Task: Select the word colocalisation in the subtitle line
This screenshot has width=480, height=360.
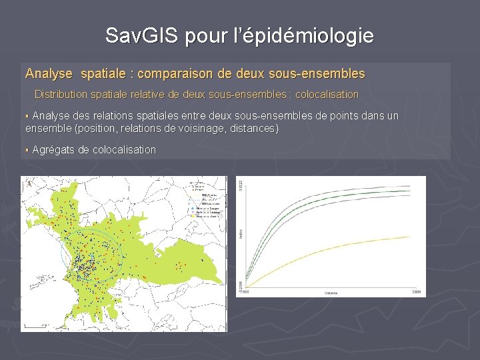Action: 326,95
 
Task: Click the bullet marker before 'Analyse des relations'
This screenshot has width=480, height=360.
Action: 27,117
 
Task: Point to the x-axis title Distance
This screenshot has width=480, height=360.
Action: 331,292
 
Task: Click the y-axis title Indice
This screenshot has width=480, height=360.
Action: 240,233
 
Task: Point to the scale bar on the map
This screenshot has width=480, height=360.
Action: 32,326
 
